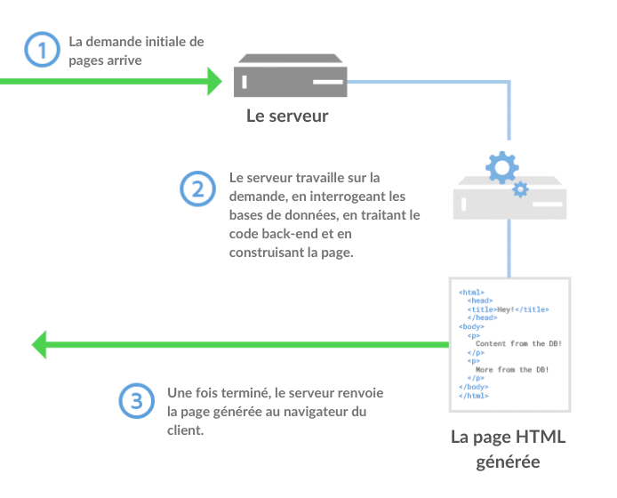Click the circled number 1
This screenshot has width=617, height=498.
pos(40,50)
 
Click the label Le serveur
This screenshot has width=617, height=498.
pos(287,116)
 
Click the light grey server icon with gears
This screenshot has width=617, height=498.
pos(509,201)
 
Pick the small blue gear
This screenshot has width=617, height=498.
pos(521,189)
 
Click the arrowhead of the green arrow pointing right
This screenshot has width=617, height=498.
pos(213,81)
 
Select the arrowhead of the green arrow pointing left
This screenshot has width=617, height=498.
pos(40,343)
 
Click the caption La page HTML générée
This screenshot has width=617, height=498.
pos(508,449)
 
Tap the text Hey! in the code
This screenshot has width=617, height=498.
pos(507,309)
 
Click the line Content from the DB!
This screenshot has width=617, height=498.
pos(518,343)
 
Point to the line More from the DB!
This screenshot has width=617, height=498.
pos(512,369)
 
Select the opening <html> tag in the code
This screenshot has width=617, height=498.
pos(471,293)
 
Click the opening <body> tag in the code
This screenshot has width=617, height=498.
pos(472,326)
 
